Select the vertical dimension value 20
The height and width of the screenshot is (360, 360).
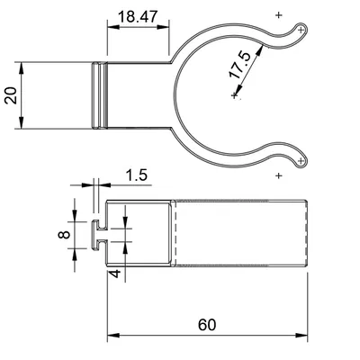pos(12,95)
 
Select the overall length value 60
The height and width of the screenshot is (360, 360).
pos(207,323)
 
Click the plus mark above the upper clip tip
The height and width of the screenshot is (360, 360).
pos(277,16)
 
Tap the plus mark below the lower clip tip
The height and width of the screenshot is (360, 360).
pos(277,175)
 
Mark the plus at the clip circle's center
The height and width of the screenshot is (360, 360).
pos(234,95)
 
